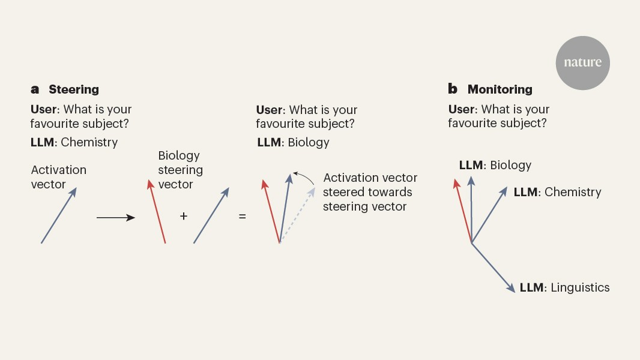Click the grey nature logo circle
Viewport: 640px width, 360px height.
click(582, 63)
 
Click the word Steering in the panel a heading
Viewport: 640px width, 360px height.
click(74, 89)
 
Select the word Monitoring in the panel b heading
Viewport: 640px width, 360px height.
click(500, 89)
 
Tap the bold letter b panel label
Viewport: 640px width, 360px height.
click(453, 88)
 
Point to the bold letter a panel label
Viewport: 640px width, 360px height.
click(35, 89)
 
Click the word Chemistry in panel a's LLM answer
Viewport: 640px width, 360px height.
click(89, 142)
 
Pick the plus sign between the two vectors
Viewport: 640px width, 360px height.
click(184, 215)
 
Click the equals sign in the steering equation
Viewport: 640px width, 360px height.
click(243, 216)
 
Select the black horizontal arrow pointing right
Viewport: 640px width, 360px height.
click(115, 218)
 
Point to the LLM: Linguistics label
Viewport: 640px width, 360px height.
click(564, 287)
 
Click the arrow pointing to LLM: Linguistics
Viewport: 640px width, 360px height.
click(493, 268)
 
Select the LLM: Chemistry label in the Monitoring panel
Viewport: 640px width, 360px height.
click(557, 192)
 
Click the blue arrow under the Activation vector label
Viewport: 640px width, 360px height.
click(59, 215)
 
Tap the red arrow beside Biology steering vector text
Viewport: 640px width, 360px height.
click(157, 211)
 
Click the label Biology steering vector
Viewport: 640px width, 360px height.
click(180, 170)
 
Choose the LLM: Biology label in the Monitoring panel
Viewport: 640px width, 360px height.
click(495, 165)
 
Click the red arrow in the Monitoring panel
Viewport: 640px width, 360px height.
click(463, 211)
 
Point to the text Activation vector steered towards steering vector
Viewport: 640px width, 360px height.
click(370, 192)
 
